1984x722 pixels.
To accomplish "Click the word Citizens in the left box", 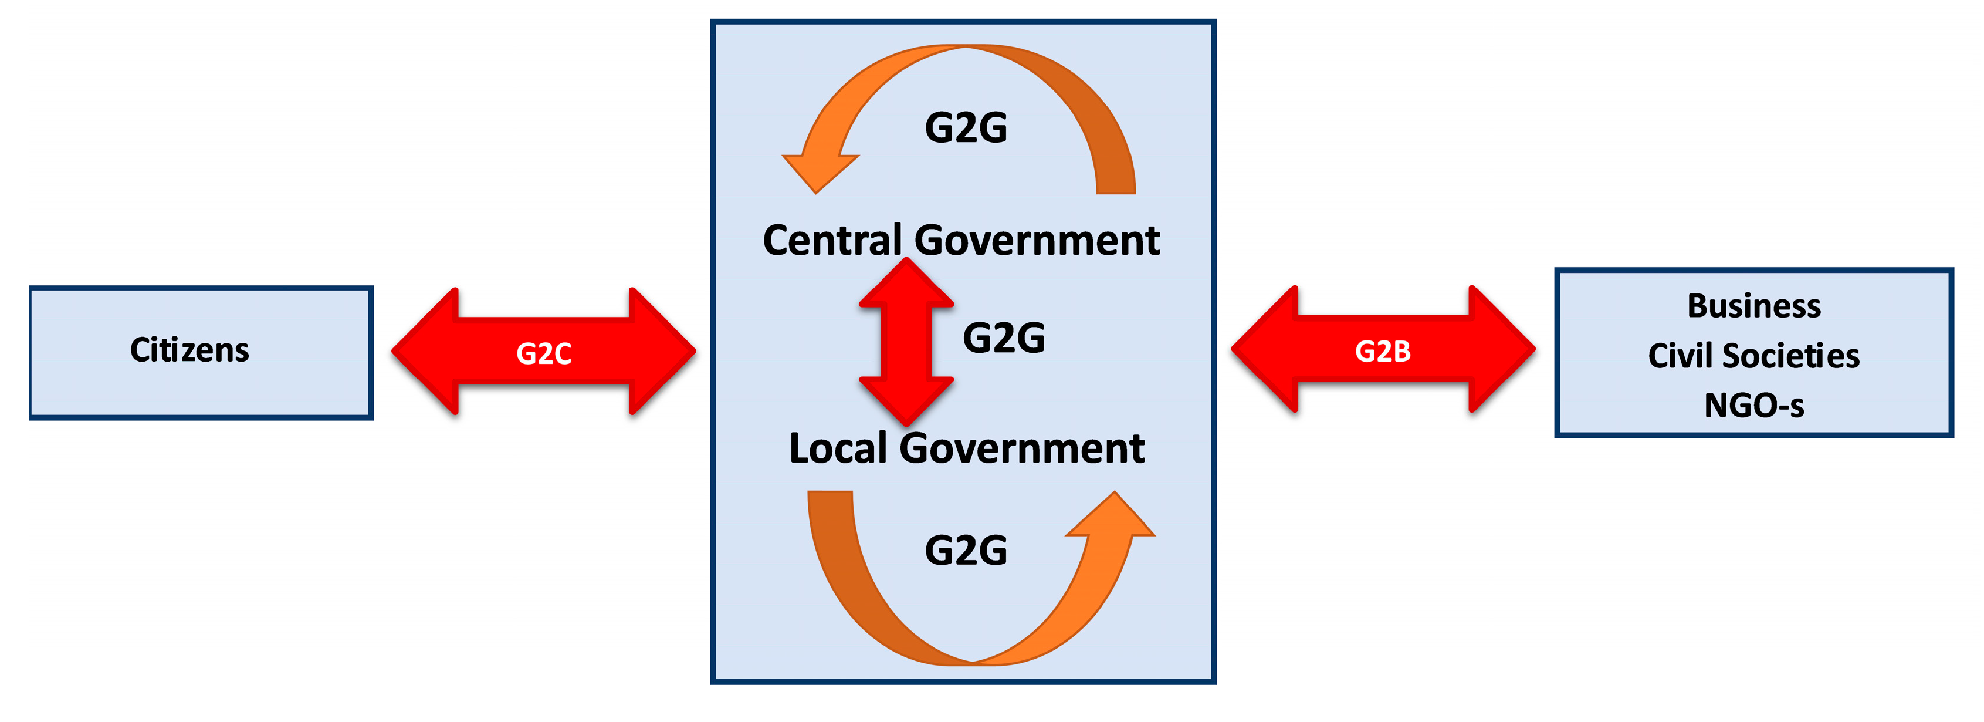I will click(x=189, y=350).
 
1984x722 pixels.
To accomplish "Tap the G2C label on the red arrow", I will click(x=544, y=354).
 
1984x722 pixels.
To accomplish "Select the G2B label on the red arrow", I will click(x=1383, y=352).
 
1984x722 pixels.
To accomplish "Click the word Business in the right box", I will click(x=1753, y=306).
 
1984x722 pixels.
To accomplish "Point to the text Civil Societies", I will click(x=1753, y=356).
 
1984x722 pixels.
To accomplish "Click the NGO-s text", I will click(x=1753, y=405).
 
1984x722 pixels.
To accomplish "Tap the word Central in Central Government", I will click(x=832, y=241).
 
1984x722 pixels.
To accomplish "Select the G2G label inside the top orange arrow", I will click(x=966, y=128).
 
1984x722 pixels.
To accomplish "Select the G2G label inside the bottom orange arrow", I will click(x=966, y=550).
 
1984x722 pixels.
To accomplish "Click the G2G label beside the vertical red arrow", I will click(x=1004, y=338).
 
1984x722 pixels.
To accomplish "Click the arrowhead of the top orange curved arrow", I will click(x=818, y=170).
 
